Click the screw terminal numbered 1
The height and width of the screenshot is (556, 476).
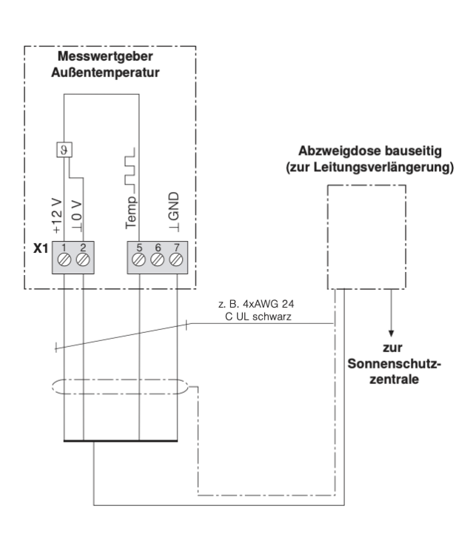pos(64,259)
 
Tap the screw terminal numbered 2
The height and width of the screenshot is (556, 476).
pos(82,259)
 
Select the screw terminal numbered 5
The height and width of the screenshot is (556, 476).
pos(139,259)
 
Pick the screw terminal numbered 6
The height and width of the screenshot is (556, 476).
pos(158,259)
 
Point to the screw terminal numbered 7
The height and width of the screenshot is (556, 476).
pos(176,259)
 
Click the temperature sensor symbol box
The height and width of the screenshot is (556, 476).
pos(63,148)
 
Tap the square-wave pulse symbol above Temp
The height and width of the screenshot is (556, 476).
pos(130,168)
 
